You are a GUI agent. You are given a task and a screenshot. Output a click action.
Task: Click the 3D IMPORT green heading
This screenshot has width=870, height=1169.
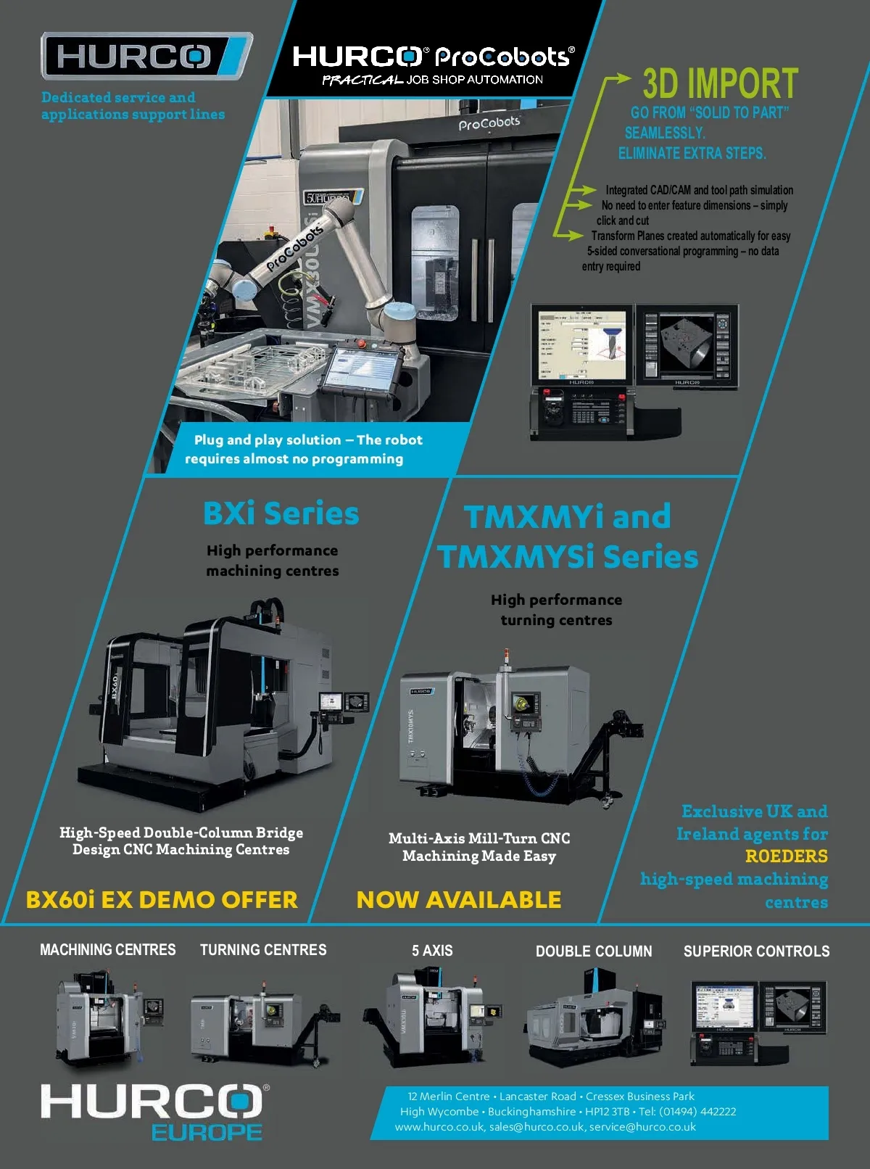721,83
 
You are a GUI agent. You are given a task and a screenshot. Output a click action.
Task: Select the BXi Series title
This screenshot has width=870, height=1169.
281,513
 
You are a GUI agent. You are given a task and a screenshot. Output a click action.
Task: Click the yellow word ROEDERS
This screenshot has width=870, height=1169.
786,856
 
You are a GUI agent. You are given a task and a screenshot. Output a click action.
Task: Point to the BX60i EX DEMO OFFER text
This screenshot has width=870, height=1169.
162,900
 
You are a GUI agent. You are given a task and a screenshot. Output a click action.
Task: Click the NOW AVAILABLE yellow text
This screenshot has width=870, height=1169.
459,900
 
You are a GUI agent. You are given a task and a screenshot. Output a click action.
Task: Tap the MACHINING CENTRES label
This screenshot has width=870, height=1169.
108,950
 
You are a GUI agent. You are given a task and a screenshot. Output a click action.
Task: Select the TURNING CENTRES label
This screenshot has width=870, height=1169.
263,950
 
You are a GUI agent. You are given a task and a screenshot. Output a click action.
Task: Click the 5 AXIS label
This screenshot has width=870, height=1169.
432,950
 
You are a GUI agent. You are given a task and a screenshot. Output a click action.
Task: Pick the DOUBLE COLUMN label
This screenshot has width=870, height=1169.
594,951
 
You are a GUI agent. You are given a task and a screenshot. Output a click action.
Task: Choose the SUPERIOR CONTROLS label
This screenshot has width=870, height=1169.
757,951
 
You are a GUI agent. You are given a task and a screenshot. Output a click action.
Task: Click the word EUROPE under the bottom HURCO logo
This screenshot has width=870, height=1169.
207,1133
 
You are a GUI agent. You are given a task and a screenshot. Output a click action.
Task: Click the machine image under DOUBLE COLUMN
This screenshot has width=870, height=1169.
594,1017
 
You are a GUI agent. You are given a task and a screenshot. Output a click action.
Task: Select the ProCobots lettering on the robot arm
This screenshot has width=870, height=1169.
294,248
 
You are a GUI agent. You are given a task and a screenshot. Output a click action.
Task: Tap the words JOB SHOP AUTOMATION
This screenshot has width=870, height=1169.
475,80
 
